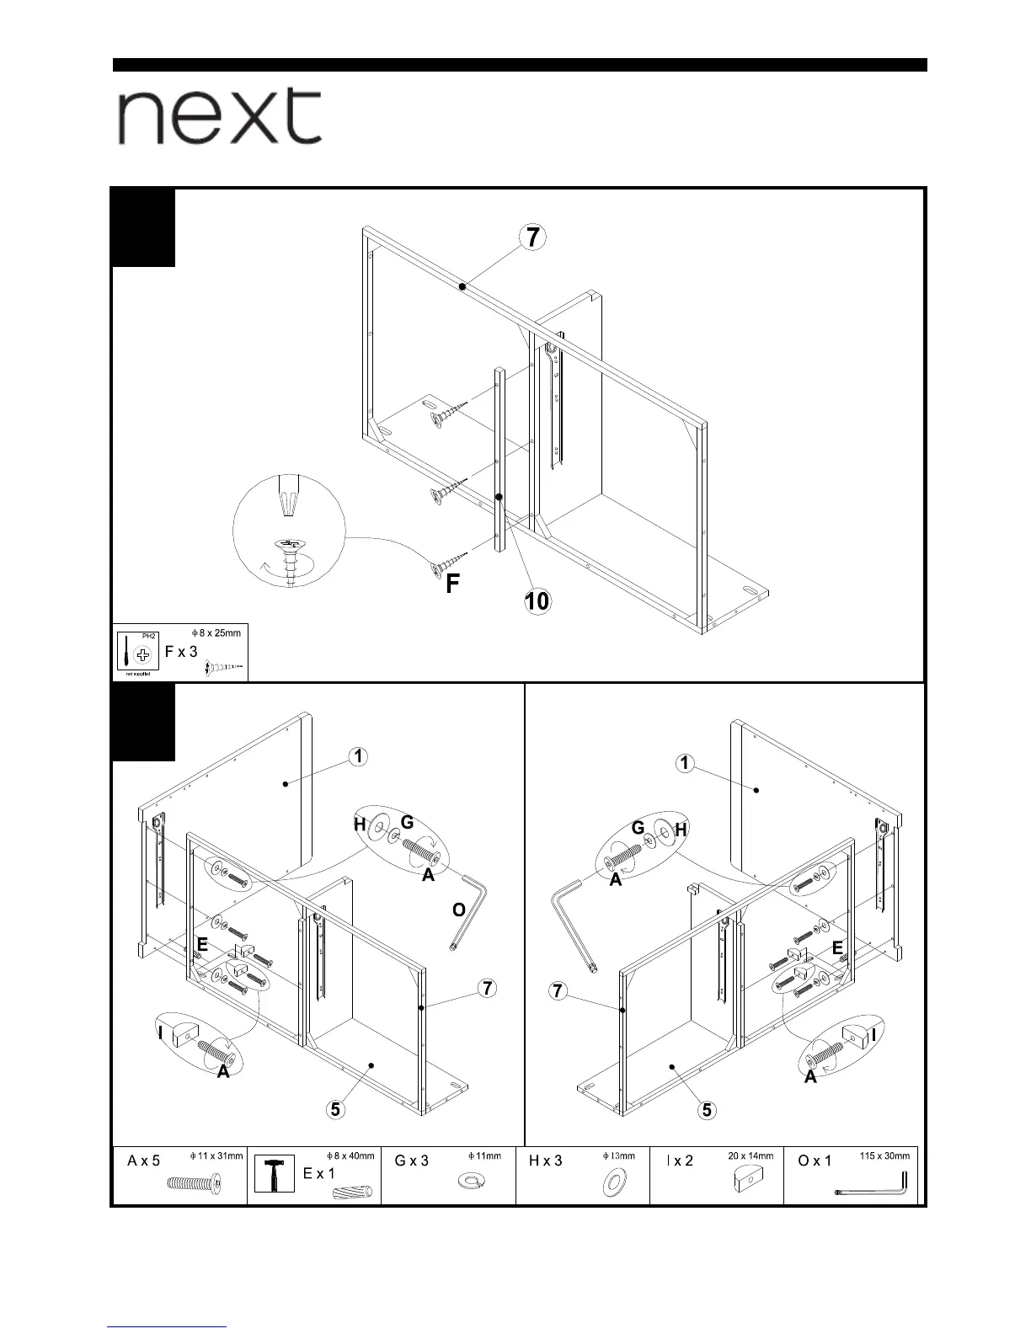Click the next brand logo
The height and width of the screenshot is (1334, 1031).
[219, 117]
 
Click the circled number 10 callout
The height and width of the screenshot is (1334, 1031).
[537, 600]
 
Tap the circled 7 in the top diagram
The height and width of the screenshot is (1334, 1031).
[532, 237]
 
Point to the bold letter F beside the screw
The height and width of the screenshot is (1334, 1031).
[452, 584]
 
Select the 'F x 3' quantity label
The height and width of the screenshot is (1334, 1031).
[181, 652]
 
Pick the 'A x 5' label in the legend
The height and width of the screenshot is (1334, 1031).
[143, 1161]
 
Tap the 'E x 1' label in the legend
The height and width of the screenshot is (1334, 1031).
[318, 1173]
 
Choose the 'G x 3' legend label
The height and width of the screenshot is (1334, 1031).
[411, 1161]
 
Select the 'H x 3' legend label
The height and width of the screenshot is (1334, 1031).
[545, 1161]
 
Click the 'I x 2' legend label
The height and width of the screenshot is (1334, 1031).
[680, 1161]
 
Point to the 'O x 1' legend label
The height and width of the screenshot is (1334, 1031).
[814, 1161]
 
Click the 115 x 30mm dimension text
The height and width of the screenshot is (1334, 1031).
[884, 1156]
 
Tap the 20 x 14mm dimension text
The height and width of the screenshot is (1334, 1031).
[750, 1156]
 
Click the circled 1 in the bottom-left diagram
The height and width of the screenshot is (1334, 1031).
[359, 756]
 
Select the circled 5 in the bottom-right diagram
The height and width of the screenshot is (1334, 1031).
[707, 1110]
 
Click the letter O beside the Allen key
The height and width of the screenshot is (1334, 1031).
[458, 910]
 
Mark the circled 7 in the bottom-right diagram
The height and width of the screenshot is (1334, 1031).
[558, 990]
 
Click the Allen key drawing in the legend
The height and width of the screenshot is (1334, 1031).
[872, 1187]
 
